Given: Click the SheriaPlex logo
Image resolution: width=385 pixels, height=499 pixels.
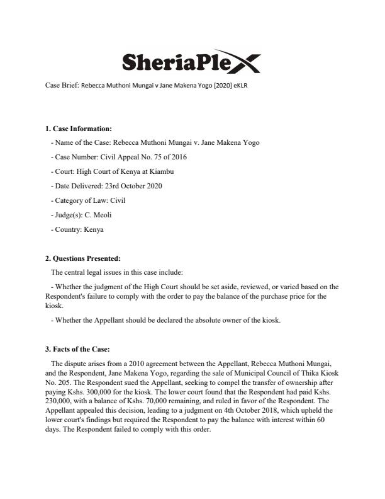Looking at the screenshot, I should tap(189, 60).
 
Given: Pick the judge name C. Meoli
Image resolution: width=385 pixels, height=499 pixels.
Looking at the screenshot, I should tap(97, 215).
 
